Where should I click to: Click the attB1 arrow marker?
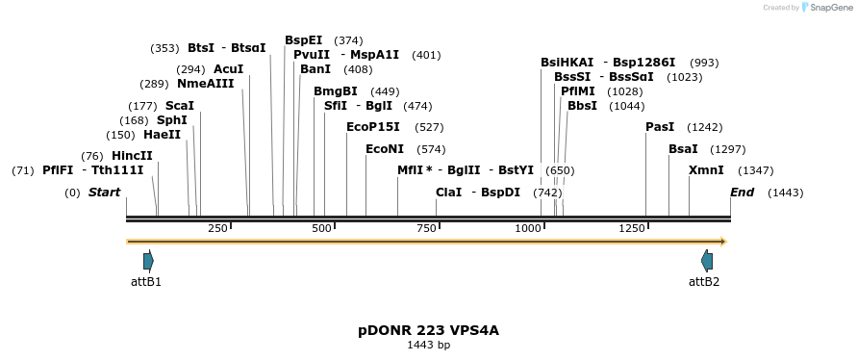click(148, 260)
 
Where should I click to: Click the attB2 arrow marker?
click(707, 260)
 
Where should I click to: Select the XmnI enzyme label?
click(706, 170)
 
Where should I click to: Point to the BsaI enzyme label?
click(683, 149)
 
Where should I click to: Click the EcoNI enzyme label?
click(385, 149)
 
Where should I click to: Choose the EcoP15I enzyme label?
click(373, 127)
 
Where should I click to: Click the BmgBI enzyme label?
click(336, 91)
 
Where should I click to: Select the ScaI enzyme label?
click(180, 106)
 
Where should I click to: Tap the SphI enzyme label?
click(172, 120)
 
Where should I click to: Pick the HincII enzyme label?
click(132, 156)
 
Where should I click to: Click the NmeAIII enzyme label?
click(206, 84)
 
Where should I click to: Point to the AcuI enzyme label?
click(229, 69)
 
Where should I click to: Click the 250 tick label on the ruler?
click(217, 228)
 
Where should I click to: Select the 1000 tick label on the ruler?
click(528, 228)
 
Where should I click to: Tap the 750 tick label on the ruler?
click(426, 228)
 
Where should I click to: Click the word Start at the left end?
click(104, 193)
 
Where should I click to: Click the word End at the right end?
click(742, 193)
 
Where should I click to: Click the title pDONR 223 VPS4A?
click(428, 330)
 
